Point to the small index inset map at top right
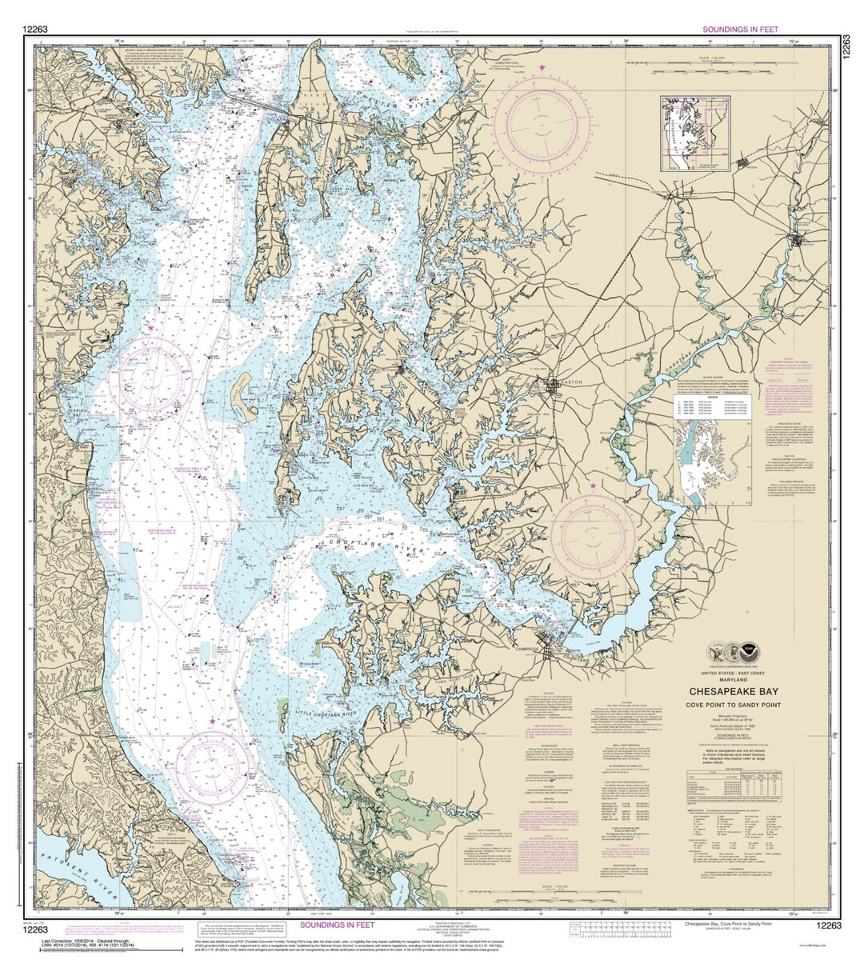click(x=695, y=134)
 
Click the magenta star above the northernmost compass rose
click(x=543, y=69)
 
